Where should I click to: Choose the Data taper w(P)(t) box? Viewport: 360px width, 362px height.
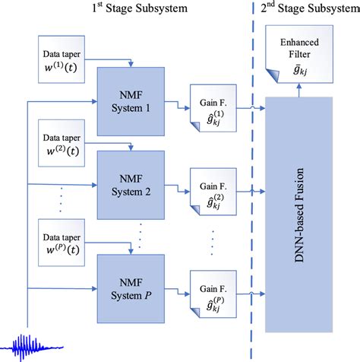[64, 243]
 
